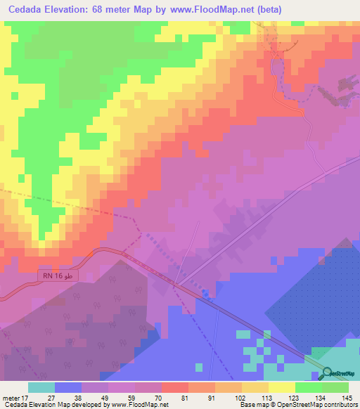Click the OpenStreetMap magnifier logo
[328, 374]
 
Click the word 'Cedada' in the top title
[26, 10]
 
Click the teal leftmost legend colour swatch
[41, 387]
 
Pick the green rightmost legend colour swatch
[335, 387]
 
